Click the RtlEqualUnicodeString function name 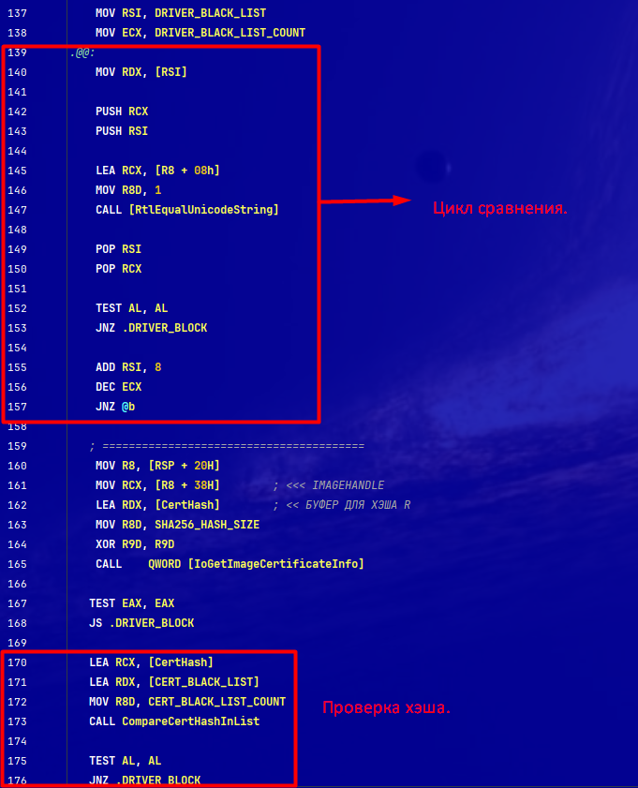click(204, 210)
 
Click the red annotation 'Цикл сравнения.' click(500, 208)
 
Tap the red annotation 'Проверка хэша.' click(386, 707)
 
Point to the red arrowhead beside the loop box click(402, 201)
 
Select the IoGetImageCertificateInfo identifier click(275, 564)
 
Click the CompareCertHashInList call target click(191, 721)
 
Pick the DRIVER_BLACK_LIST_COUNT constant click(230, 33)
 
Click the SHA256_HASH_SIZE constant click(207, 525)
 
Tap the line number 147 click(17, 210)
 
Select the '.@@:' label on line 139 click(82, 52)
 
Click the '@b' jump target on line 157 click(128, 407)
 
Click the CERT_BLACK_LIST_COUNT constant click(217, 702)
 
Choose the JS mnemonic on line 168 click(96, 623)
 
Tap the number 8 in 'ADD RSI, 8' click(157, 367)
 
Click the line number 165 click(17, 564)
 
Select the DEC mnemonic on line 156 click(106, 387)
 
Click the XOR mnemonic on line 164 click(106, 544)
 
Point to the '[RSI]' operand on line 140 click(171, 72)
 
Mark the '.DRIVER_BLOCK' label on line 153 click(165, 328)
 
